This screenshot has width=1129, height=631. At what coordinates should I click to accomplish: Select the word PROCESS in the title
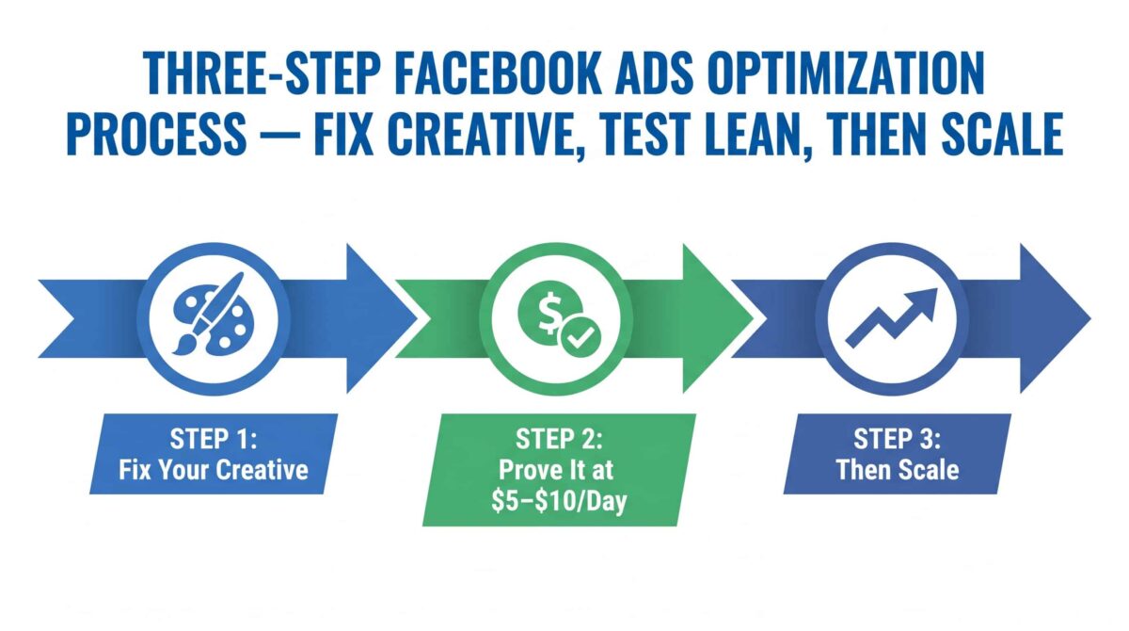(x=157, y=133)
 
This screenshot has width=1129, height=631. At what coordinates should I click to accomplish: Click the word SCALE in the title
(x=1003, y=133)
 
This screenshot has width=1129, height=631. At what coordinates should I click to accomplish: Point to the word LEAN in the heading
(x=751, y=133)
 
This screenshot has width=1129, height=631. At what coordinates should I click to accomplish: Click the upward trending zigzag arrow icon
(x=891, y=317)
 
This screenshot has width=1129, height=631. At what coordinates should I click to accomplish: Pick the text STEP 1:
(x=214, y=439)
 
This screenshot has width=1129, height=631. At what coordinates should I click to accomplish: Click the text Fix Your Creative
(x=214, y=470)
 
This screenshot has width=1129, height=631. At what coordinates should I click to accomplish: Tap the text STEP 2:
(x=559, y=439)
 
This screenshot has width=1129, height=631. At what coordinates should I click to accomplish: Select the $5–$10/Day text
(x=559, y=501)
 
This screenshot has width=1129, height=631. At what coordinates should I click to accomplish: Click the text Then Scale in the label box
(x=898, y=470)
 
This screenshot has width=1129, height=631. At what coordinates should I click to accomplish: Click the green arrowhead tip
(x=753, y=318)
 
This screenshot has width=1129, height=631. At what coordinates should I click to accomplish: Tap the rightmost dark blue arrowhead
(x=1056, y=318)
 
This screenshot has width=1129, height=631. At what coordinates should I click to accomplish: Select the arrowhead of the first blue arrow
(x=382, y=318)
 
